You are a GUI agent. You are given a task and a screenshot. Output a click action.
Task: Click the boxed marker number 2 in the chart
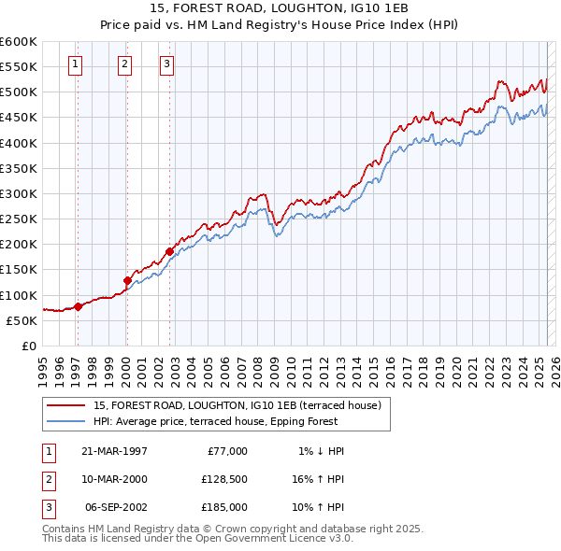124,64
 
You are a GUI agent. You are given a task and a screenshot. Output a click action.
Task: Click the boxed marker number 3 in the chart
166,64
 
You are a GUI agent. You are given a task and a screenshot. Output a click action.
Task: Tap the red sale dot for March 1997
79,306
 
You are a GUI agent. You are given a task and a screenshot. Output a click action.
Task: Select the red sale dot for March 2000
127,280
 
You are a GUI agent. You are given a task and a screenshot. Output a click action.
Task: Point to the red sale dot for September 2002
169,251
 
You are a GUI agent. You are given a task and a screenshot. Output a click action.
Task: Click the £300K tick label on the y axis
19,193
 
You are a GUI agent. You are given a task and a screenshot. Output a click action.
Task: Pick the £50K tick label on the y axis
22,320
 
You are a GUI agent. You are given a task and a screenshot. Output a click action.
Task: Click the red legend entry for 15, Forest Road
237,406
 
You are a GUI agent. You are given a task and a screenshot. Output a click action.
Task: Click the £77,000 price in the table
225,451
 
